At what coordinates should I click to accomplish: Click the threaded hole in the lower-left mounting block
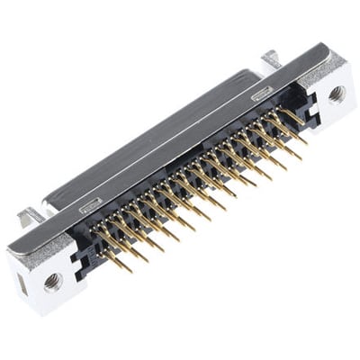click(52, 282)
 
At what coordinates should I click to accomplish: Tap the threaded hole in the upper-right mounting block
click(337, 93)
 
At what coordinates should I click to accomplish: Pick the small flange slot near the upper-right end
click(262, 92)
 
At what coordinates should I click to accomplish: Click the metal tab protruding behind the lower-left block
click(30, 216)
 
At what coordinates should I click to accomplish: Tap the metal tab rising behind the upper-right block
click(271, 59)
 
